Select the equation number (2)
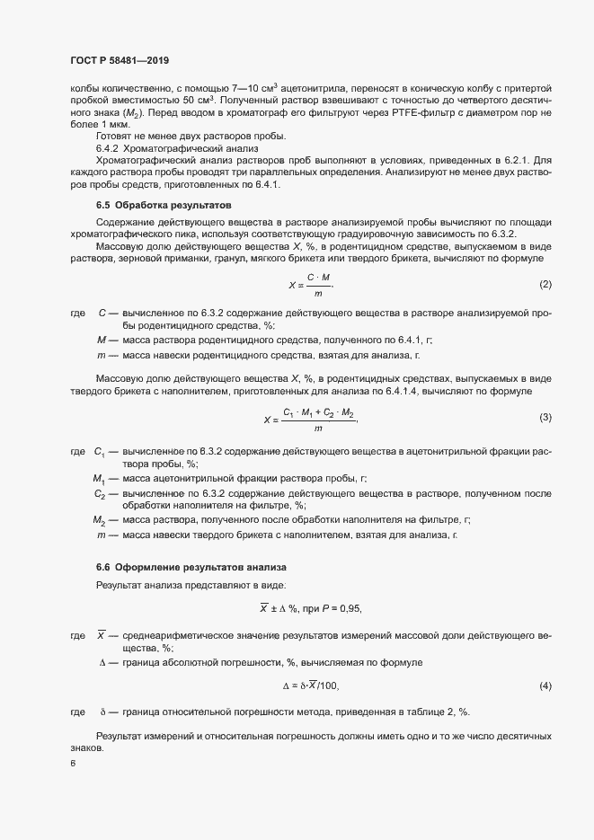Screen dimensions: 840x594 (545, 285)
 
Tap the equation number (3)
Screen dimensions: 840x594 (545, 418)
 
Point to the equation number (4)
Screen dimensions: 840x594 (545, 685)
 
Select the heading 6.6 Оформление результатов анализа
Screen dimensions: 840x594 (191, 568)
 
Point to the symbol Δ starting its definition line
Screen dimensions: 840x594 (102, 662)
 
